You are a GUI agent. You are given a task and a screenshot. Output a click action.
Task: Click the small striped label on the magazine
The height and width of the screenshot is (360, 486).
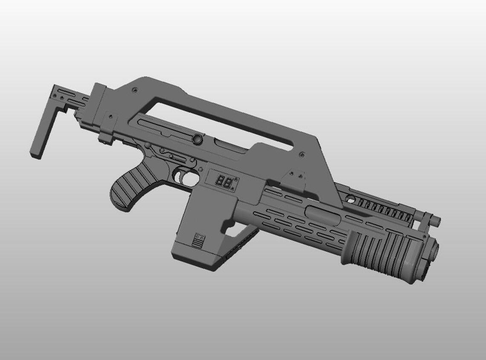pyautogui.click(x=198, y=240)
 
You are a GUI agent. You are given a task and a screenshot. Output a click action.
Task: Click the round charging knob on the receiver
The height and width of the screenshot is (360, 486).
pyautogui.click(x=197, y=139)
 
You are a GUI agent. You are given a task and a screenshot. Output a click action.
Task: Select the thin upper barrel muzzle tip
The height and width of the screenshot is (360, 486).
pyautogui.click(x=436, y=221)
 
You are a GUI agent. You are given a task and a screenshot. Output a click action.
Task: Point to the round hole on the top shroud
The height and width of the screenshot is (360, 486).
pyautogui.click(x=350, y=199)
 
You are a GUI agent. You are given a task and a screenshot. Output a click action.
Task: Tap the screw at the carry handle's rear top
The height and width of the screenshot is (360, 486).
pyautogui.click(x=135, y=90)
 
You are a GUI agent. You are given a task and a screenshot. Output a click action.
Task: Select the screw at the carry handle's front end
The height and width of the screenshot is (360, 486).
pyautogui.click(x=302, y=154)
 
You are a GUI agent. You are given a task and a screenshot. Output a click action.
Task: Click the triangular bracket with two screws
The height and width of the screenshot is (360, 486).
pyautogui.click(x=295, y=178)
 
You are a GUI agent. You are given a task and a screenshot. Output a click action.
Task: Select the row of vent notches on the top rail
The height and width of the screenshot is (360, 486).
pyautogui.click(x=384, y=209)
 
